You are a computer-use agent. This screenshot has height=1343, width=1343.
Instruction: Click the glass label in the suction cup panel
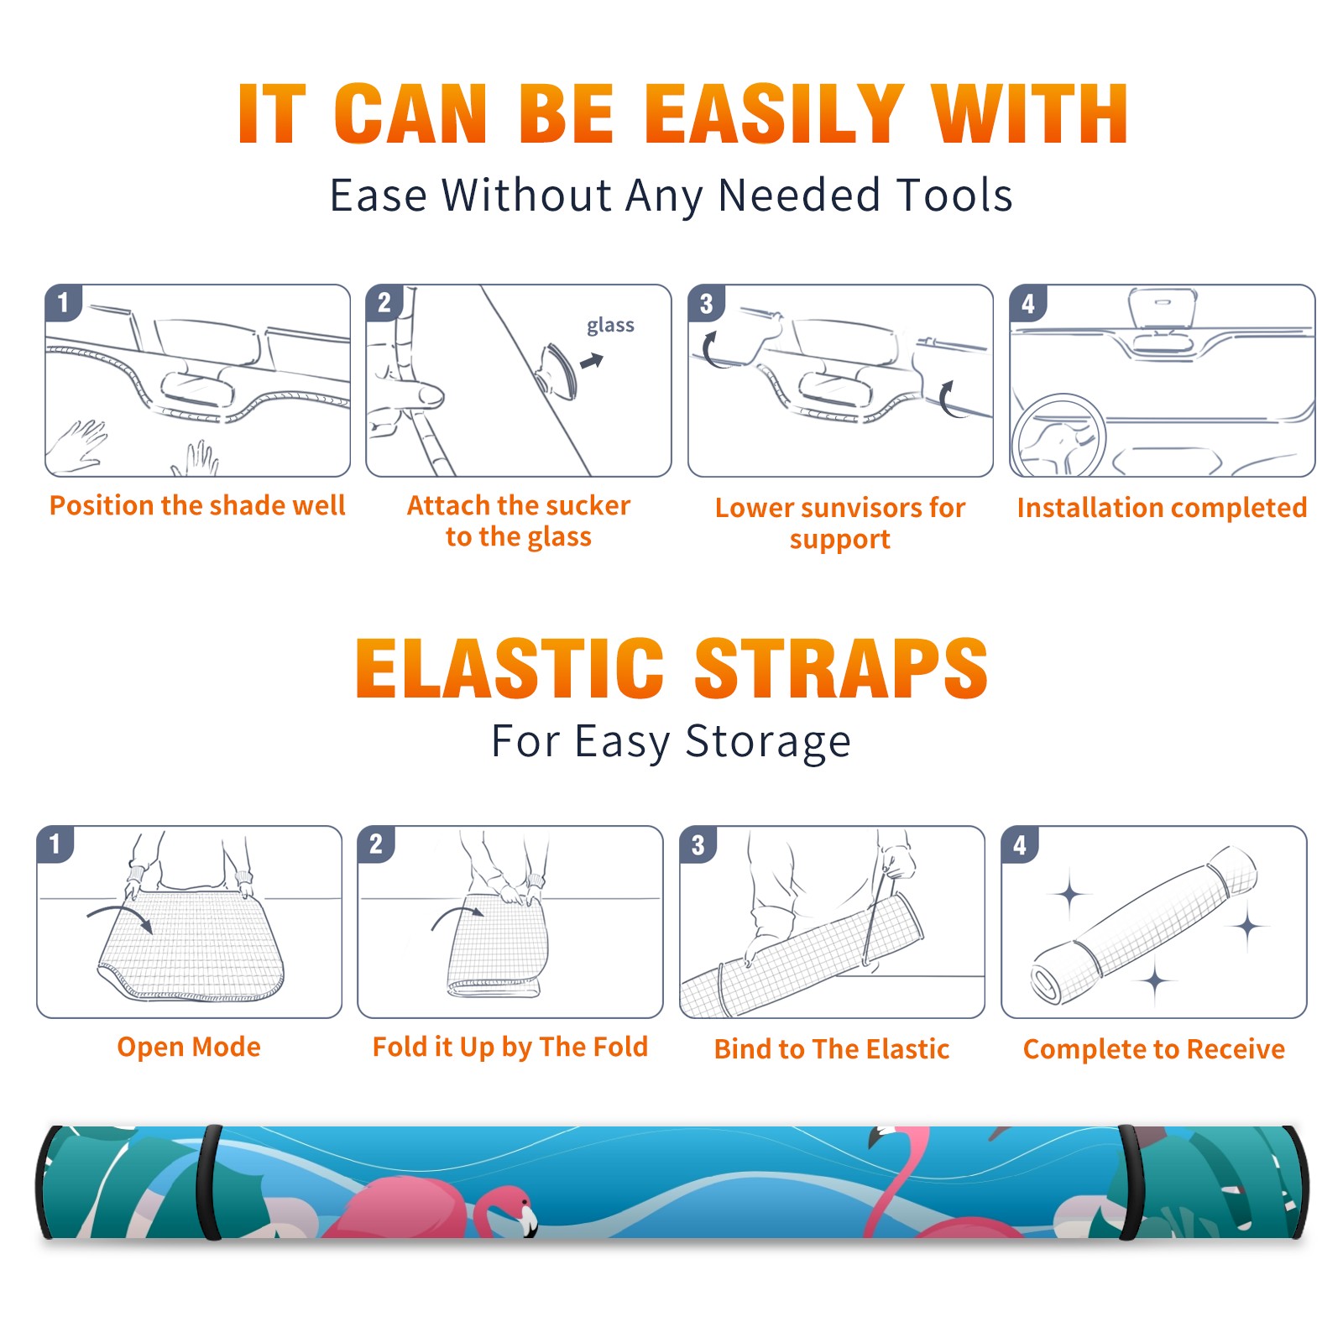(610, 326)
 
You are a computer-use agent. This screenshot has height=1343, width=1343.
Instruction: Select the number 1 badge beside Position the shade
(63, 301)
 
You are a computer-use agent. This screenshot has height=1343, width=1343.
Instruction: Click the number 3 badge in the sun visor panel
(706, 303)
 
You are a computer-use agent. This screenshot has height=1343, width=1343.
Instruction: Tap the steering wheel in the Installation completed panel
(1058, 436)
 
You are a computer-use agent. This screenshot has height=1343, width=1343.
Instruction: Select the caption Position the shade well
(197, 506)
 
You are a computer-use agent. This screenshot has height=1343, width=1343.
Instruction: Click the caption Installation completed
(1162, 508)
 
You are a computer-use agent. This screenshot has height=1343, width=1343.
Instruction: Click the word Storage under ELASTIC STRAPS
(768, 741)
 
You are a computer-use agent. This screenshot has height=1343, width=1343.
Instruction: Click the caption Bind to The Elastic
(831, 1049)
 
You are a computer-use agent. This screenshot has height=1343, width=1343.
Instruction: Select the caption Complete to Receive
(1154, 1049)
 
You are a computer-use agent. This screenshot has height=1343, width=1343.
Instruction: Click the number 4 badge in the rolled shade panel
(1020, 844)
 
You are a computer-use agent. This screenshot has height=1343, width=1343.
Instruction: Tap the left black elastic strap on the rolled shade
(209, 1182)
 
